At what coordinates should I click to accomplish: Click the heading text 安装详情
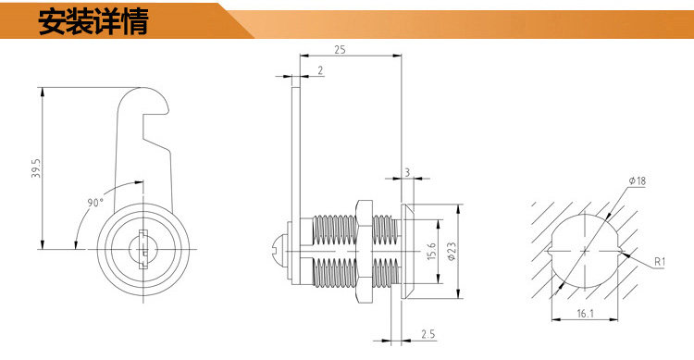(93, 21)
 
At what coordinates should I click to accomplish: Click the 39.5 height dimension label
(36, 168)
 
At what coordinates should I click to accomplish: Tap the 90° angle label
(94, 203)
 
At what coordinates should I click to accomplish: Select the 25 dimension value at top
(340, 50)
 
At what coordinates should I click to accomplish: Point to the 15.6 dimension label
(432, 251)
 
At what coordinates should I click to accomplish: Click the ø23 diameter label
(452, 251)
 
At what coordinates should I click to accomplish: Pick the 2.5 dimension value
(428, 334)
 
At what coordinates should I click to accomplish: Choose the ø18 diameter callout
(638, 180)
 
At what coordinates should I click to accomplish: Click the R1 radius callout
(660, 262)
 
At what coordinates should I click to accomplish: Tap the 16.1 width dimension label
(585, 314)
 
